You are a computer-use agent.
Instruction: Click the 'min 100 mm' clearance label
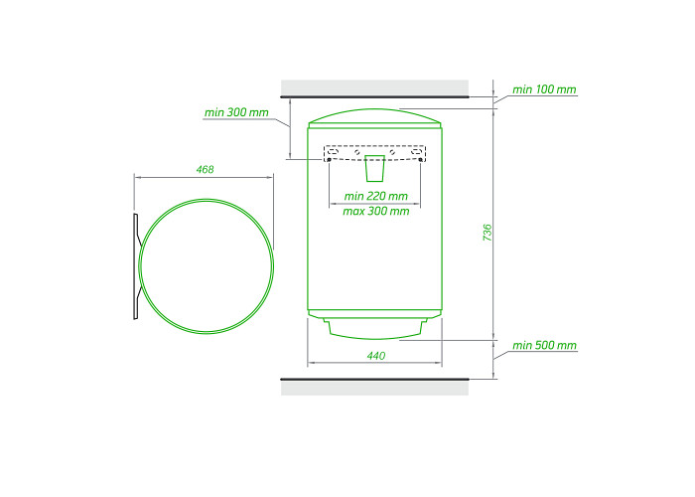click(x=544, y=89)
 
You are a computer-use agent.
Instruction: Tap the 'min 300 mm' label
click(x=236, y=112)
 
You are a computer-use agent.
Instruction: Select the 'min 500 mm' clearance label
click(x=544, y=345)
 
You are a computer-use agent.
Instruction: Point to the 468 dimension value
click(x=205, y=169)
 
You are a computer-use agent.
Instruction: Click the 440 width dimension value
click(x=376, y=356)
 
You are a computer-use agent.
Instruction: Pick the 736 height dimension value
click(x=487, y=233)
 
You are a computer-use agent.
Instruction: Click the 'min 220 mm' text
click(x=376, y=196)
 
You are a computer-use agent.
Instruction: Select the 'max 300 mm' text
click(x=376, y=211)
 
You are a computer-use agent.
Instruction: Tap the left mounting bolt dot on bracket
click(x=329, y=159)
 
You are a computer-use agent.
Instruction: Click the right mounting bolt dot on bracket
click(x=420, y=159)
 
